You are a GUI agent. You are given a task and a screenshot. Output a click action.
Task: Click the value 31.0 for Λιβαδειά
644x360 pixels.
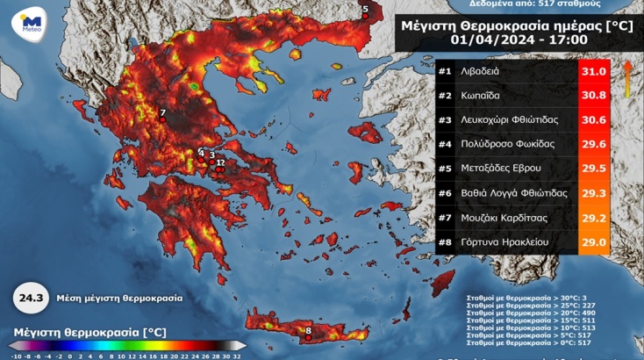coord(593,71)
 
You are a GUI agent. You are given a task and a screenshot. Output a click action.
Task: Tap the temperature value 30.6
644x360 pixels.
coord(593,119)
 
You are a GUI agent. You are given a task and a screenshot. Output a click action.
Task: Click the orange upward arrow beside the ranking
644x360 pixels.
coord(627,79)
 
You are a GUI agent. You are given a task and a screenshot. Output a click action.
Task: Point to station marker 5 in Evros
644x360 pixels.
coord(366,12)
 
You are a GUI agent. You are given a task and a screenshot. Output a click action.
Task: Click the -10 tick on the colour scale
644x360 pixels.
coord(18,355)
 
